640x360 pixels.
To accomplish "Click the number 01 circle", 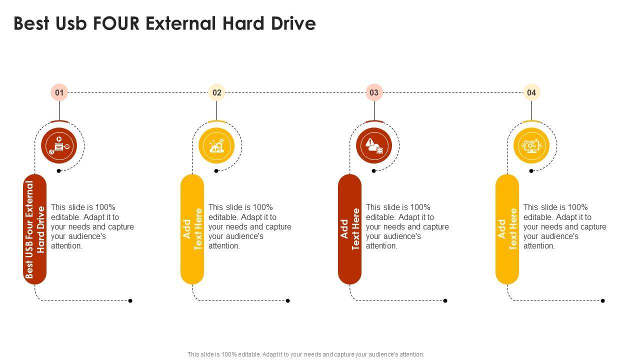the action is click(59, 92).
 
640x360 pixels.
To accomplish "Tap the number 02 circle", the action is click(217, 92).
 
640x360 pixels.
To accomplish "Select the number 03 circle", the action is click(374, 92).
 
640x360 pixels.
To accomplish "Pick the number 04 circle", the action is click(531, 92).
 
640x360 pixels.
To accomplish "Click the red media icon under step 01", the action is click(59, 145).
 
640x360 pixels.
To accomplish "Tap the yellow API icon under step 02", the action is click(216, 145).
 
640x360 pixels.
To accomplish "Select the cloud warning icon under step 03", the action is click(374, 145).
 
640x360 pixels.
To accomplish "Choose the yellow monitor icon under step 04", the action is click(531, 145).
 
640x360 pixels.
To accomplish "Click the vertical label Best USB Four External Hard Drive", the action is click(35, 229).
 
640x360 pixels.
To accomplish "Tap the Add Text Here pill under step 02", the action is click(192, 229).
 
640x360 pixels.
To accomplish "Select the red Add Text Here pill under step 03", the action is click(350, 229).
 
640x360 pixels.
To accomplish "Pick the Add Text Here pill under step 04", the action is click(507, 229).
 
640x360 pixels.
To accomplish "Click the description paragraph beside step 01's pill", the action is click(92, 226).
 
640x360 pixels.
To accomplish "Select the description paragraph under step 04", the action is click(565, 226).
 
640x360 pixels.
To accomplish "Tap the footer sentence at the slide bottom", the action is click(306, 354).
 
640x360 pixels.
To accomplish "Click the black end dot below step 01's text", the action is click(130, 300).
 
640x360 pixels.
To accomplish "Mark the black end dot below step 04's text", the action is click(603, 300).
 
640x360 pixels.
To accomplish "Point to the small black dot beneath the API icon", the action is click(216, 171).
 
